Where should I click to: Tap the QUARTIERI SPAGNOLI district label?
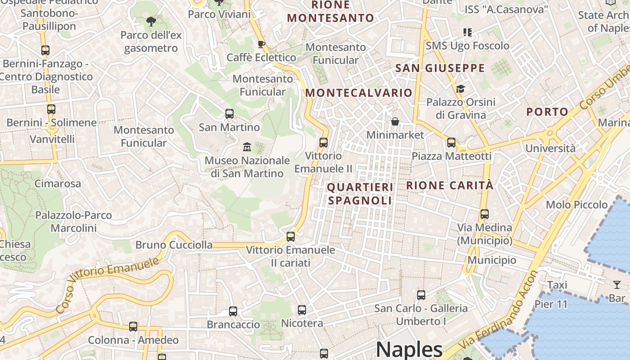360,194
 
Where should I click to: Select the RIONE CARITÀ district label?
450,185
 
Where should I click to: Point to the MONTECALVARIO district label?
359,93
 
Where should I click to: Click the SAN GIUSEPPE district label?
440,68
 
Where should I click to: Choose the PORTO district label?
547,112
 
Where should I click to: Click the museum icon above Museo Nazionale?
247,147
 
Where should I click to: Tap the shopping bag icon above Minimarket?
395,121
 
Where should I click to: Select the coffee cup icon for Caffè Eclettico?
261,44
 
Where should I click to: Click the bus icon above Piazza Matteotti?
451,143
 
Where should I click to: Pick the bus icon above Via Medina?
484,214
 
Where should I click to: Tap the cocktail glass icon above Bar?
616,284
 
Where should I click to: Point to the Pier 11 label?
551,304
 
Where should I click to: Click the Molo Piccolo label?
576,205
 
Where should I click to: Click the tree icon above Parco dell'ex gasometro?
151,21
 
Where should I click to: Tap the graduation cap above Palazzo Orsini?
460,89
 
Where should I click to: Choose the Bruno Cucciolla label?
174,245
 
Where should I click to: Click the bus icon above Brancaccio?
233,311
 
